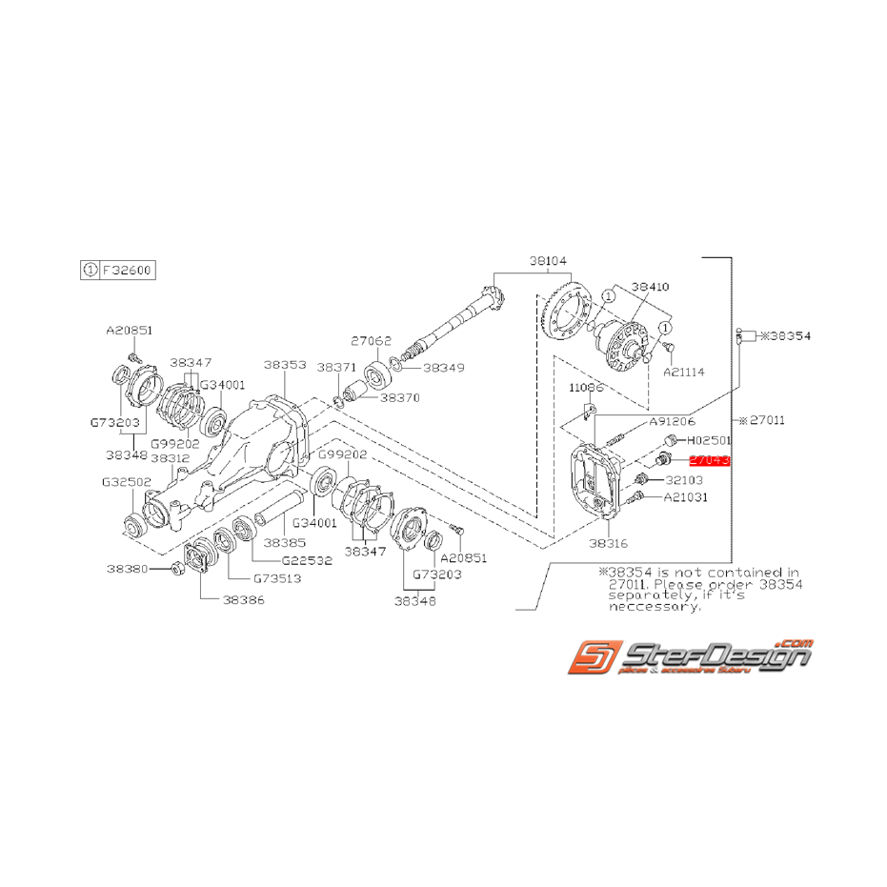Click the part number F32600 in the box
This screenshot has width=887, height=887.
point(127,270)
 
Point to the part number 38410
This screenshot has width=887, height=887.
point(651,285)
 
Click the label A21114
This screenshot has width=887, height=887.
point(685,372)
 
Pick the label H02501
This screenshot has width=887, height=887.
point(707,441)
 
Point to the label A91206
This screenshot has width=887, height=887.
point(672,420)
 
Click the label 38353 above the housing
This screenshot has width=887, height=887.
point(285,364)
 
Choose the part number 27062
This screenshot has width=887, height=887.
point(370,338)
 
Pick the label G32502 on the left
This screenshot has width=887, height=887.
point(128,482)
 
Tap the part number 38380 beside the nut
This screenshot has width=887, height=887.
point(128,568)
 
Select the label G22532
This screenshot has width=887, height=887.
point(308,561)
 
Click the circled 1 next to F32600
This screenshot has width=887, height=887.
point(89,270)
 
